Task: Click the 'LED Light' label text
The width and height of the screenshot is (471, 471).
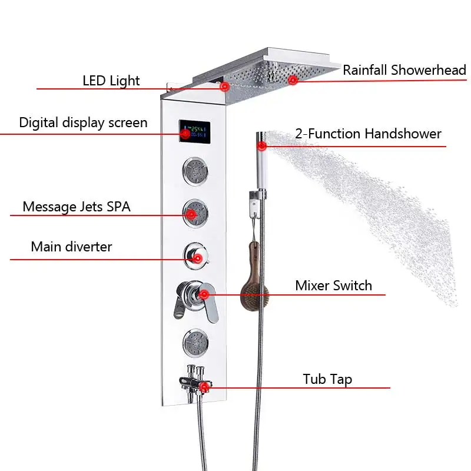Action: point(111,81)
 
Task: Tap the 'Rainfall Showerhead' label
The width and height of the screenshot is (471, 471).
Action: point(404,70)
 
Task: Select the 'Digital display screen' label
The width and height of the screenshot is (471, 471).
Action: point(83,122)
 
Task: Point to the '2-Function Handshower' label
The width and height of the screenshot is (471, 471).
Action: point(368,134)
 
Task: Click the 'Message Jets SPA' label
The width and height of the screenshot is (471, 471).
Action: point(77,207)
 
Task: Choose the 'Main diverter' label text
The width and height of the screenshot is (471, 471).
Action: point(71,246)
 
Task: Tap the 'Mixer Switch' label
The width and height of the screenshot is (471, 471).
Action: point(333,286)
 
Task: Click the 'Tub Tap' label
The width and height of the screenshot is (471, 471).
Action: point(327,379)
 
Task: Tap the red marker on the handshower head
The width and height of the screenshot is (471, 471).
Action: point(262,144)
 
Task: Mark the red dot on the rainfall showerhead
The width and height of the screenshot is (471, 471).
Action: point(293,80)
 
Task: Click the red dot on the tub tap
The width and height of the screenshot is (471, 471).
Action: point(204,387)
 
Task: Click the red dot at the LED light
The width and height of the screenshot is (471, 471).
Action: point(224,87)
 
